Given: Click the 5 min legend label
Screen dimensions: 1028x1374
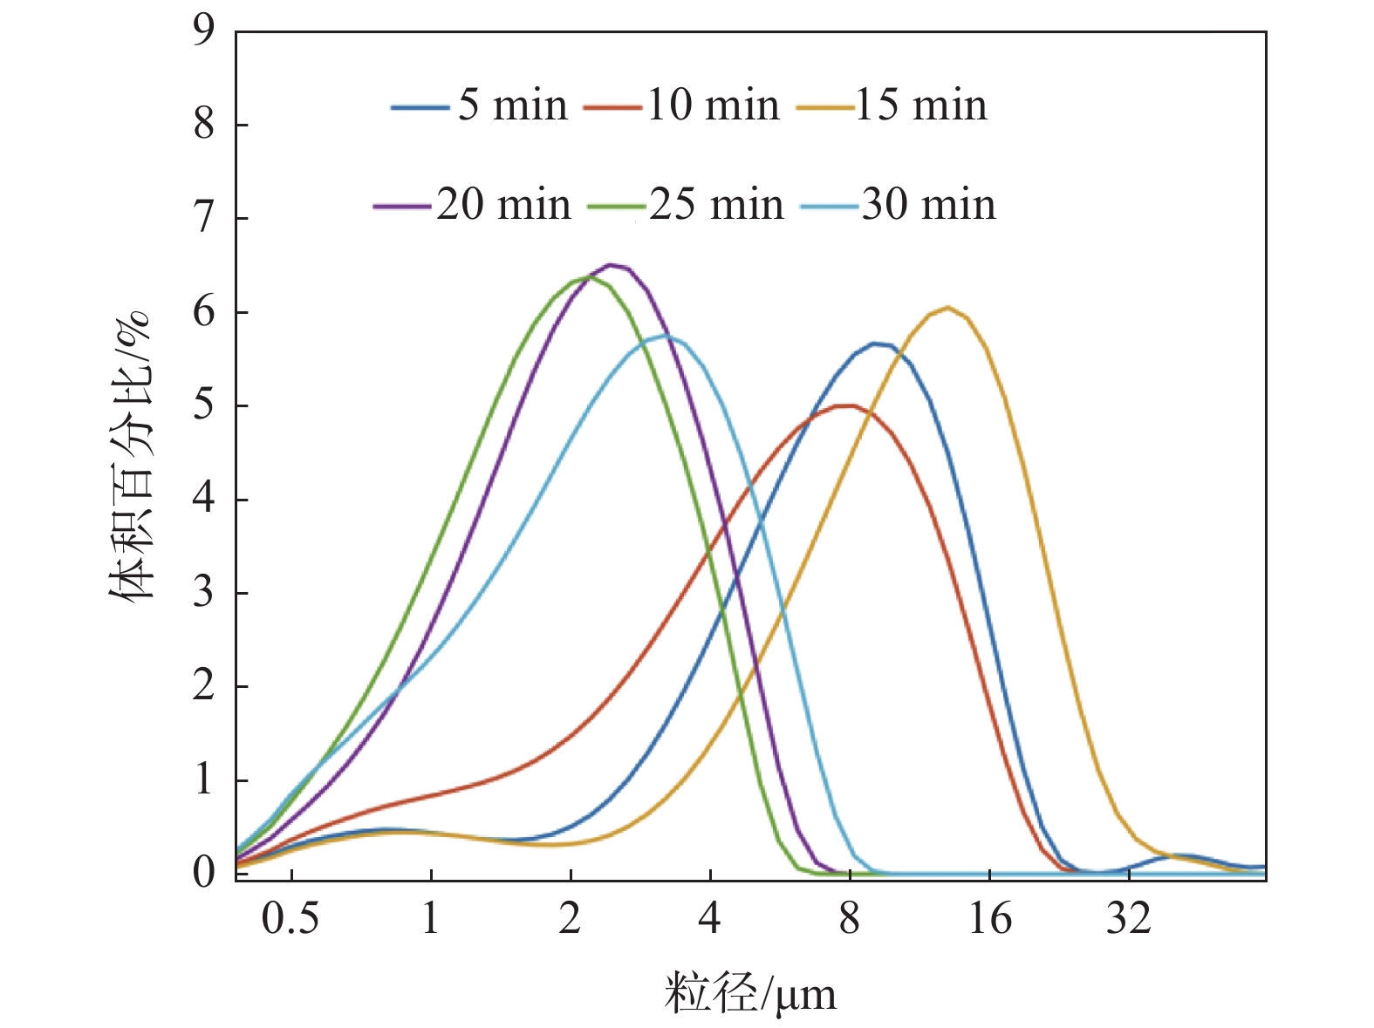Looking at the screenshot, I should coord(513,106).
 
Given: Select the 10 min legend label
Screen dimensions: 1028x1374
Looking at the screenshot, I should coord(713,106).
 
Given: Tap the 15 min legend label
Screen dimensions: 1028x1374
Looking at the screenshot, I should coord(921,106).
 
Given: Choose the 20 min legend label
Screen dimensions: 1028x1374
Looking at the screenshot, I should coord(503,206).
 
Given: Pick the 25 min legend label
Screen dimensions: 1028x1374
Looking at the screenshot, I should coord(716,206).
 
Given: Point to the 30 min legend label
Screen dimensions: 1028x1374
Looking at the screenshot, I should coord(928,206).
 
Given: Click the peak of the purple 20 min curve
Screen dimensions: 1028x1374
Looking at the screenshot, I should coord(612,264).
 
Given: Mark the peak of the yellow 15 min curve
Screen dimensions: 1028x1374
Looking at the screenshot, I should coord(947,307).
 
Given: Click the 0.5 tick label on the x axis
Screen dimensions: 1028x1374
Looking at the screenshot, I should coord(291,919).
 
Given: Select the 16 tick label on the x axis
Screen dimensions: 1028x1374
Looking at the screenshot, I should coord(990,919).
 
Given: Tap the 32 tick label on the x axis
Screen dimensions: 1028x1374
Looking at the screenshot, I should coord(1129,919).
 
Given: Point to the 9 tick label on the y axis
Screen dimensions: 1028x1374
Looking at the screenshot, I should coord(203,31).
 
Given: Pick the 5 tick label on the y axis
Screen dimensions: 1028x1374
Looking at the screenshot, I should coord(203,405).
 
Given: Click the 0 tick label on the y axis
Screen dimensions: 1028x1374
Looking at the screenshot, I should coord(203,872).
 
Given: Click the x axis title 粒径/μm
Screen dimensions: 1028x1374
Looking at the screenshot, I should coord(750,994).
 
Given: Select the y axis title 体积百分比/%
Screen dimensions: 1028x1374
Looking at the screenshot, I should coord(131,453).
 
